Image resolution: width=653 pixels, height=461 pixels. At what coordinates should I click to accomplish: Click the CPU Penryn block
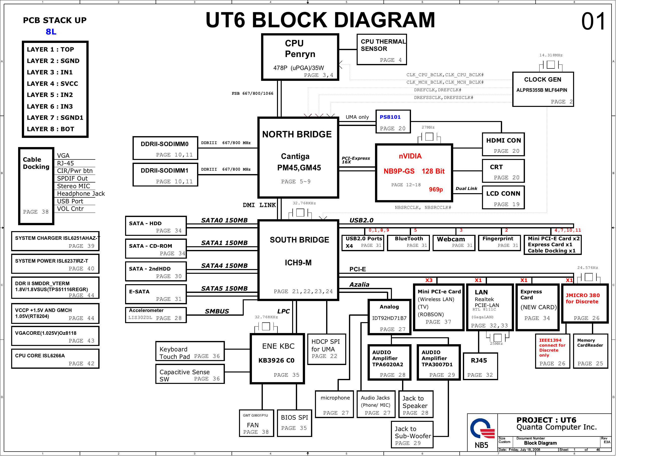tap(300, 57)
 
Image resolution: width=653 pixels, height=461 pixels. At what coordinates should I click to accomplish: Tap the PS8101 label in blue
tap(390, 117)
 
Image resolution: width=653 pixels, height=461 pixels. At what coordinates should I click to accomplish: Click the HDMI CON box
tap(503, 145)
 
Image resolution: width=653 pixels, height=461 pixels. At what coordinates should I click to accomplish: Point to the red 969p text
tap(436, 189)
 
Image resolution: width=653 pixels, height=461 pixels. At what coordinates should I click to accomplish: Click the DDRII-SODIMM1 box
tap(165, 175)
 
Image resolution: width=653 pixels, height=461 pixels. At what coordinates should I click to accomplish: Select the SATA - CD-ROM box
tap(156, 249)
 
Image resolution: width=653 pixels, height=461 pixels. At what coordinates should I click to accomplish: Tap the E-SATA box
tap(156, 294)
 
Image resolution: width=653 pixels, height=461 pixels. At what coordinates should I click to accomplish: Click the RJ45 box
tap(480, 367)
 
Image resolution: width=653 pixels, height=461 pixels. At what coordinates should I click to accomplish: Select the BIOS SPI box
tap(294, 423)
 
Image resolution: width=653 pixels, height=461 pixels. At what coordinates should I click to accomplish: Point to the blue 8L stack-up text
tap(51, 32)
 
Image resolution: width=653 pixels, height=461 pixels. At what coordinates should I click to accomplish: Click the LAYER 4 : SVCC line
tap(52, 84)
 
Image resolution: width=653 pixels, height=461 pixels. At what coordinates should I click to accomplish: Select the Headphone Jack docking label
tap(81, 194)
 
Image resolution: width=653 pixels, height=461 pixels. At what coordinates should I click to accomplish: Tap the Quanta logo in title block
tap(482, 429)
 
